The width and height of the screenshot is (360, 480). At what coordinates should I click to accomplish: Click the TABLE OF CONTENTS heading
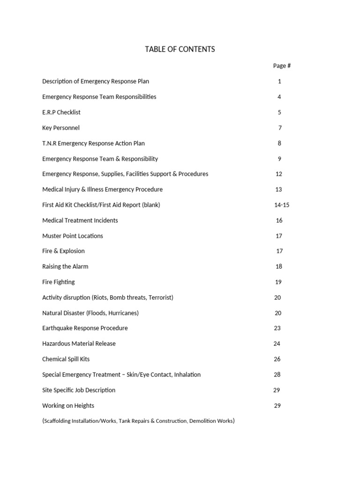(x=180, y=49)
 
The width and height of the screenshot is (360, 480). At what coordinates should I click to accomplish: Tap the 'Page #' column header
(x=282, y=66)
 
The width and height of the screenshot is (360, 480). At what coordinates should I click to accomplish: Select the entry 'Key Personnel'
(x=61, y=127)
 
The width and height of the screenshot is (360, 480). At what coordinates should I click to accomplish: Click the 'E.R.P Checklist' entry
(x=61, y=112)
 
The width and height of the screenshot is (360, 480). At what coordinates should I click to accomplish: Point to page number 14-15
(x=281, y=205)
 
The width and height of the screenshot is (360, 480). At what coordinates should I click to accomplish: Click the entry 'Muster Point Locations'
(x=73, y=236)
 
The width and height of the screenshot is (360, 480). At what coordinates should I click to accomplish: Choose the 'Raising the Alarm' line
(x=65, y=266)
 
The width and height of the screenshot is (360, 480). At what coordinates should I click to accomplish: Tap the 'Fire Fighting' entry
(x=59, y=282)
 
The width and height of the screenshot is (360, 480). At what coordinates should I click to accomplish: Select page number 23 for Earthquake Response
(x=277, y=328)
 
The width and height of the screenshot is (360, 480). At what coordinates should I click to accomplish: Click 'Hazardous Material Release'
(x=79, y=344)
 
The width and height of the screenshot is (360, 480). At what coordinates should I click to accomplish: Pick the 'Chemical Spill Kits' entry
(x=66, y=359)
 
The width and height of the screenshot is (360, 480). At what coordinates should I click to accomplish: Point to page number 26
(x=277, y=359)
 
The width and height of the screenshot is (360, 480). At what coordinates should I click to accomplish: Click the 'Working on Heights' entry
(x=68, y=405)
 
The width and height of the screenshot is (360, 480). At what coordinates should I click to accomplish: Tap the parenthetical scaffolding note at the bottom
(x=138, y=421)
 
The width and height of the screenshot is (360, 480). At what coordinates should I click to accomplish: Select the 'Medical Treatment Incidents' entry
(x=80, y=220)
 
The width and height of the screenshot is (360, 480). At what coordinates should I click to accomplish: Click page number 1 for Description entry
(x=279, y=81)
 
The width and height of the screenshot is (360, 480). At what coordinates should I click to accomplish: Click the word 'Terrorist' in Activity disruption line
(x=158, y=297)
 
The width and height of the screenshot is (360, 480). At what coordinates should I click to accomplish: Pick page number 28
(x=277, y=375)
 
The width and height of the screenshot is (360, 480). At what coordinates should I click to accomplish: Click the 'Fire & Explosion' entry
(x=63, y=251)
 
